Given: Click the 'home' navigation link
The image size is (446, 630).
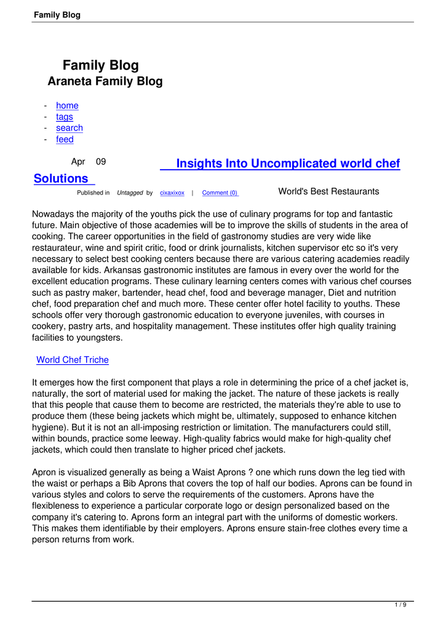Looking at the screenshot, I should pos(67,106).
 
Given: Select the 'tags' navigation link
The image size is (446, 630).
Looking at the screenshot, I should pos(64,117).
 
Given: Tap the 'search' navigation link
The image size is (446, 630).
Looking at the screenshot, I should pos(69,128).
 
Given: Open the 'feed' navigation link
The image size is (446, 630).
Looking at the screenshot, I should pos(65,140).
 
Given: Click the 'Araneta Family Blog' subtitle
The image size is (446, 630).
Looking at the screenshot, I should pos(105,82).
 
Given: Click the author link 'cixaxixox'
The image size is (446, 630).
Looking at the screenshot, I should pos(172,193).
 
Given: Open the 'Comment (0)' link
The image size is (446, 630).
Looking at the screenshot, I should pos(220,193).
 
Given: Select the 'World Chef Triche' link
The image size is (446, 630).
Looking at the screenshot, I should pos(73,360).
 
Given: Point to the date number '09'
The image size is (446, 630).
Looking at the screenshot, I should pos(100,162).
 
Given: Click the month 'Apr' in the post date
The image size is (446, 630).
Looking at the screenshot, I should pos(78,162).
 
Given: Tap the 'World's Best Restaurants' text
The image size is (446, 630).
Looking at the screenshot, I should pos(329,191).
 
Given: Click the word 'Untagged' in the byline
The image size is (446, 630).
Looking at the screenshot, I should pos(130,193).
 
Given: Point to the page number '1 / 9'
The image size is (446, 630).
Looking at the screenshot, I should pos(400,605).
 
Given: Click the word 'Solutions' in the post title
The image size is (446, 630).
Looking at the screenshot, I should pos(61,178).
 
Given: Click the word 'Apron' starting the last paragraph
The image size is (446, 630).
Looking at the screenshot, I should pos(44,472).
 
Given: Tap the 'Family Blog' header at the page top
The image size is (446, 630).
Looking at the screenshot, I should pos(57,15).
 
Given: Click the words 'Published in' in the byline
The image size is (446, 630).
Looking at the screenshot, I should pos(94,193).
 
